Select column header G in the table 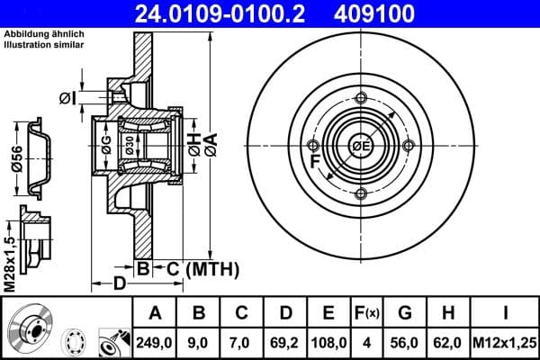point(406,313)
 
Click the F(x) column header point(367,313)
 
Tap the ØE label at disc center point(360,147)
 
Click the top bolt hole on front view point(361,99)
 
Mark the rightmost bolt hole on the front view point(408,146)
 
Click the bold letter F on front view point(316,161)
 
